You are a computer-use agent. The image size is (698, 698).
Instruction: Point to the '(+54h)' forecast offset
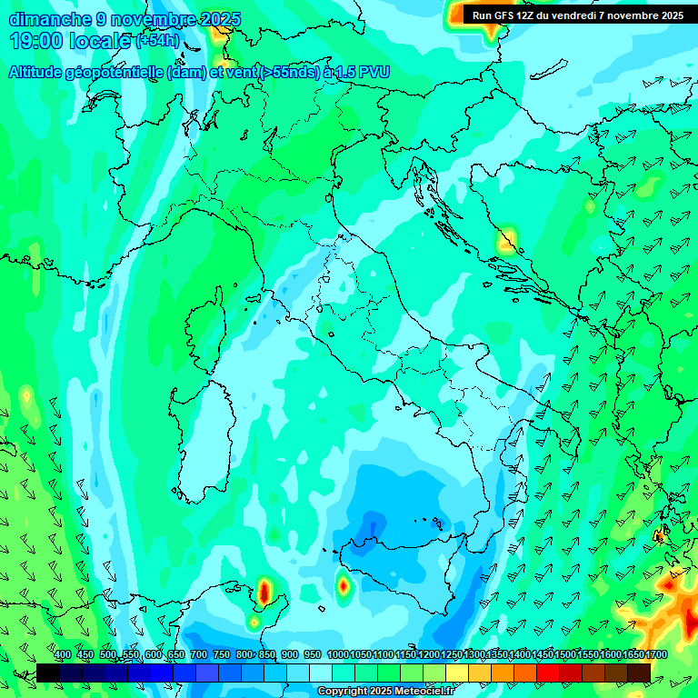click(157, 41)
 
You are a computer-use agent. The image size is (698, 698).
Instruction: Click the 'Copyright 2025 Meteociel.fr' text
click(384, 692)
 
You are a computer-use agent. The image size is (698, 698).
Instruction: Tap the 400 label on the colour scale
click(63, 655)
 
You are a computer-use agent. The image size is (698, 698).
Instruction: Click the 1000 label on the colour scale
click(338, 655)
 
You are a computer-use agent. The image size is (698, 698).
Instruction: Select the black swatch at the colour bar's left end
click(48, 673)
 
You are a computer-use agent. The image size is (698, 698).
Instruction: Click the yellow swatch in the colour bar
click(457, 673)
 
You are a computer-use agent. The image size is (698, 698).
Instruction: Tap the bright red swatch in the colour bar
click(548, 673)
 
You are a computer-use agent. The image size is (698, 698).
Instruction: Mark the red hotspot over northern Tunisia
click(264, 593)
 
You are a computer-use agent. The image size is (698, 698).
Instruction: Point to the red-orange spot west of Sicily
click(343, 586)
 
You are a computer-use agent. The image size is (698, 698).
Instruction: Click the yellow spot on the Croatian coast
click(506, 241)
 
